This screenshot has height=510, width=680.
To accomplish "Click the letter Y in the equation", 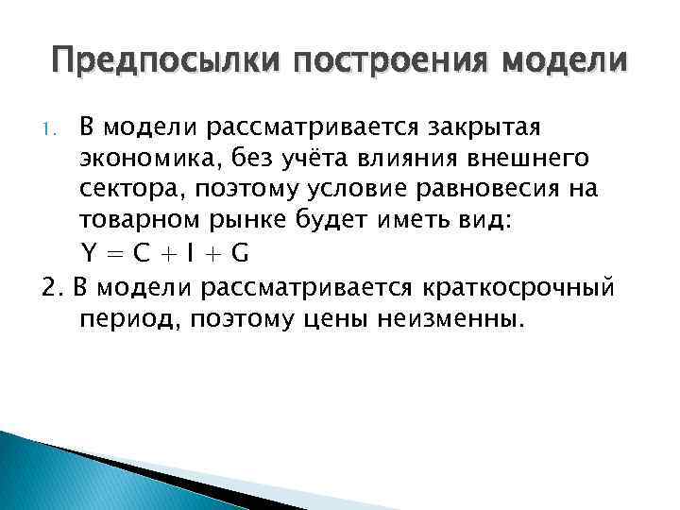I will [x=88, y=254].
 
